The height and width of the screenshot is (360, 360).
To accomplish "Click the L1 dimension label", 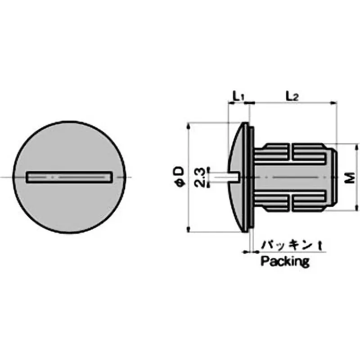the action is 238,96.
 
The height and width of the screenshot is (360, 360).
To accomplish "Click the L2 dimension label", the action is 292,96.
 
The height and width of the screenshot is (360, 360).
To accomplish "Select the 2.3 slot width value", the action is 199,177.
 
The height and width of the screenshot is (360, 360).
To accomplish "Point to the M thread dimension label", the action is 350,178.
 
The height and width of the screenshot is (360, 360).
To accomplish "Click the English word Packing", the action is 285,261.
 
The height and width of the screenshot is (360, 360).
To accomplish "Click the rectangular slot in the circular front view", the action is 70,177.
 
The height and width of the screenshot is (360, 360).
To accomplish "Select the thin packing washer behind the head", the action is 252,177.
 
